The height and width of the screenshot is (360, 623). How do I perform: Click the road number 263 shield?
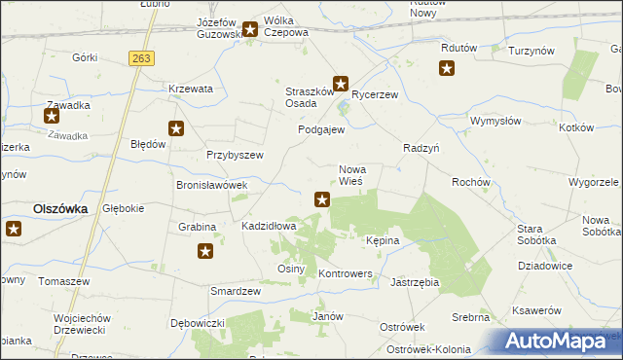point(141,59)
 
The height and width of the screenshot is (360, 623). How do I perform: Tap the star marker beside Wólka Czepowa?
point(250,30)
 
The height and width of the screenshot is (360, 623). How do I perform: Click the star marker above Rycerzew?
point(342,84)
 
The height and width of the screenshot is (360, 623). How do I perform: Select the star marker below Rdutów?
point(447,68)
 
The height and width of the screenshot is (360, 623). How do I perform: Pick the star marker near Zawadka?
point(52,117)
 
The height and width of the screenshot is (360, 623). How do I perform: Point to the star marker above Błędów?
point(176,127)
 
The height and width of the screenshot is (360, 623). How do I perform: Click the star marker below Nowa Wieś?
point(322,200)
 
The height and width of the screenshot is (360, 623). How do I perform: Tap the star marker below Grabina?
point(205,252)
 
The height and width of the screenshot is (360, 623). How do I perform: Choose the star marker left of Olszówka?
point(14,229)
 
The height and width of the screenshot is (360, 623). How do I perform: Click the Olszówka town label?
point(60,208)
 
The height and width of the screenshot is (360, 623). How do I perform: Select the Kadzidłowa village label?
point(269,226)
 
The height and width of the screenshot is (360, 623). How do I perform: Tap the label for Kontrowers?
point(346,274)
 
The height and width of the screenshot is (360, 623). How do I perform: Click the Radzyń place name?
point(422,148)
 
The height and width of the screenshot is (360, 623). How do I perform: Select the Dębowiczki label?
point(198,322)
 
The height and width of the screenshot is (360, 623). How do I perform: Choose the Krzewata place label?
point(190,89)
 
